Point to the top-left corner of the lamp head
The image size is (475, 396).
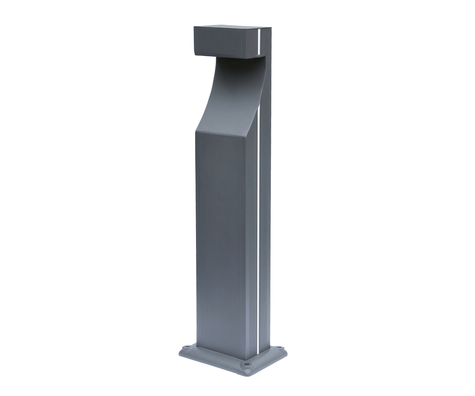194,29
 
